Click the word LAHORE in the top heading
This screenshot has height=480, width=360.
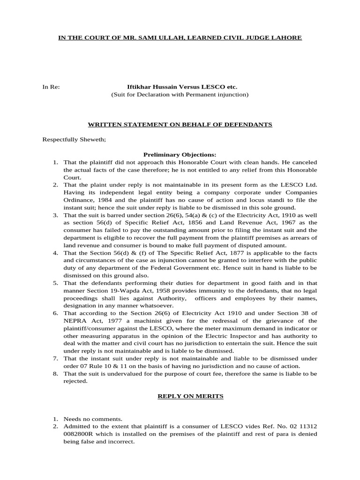point(285,37)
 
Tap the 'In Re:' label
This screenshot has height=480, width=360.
point(51,87)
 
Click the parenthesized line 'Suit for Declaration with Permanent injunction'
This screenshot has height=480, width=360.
point(180,95)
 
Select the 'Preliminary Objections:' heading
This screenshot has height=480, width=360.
point(180,154)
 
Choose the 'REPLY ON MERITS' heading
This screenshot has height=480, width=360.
point(180,397)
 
